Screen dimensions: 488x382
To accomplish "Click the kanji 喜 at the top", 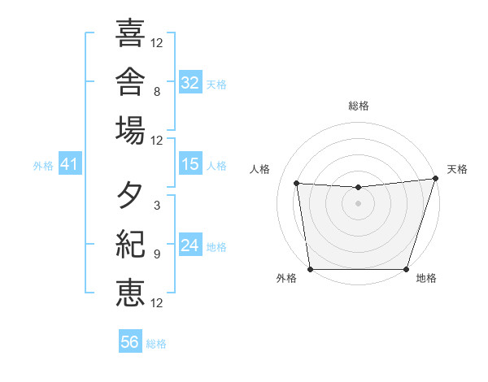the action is (x=130, y=33).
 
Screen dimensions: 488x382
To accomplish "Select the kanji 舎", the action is (x=130, y=81).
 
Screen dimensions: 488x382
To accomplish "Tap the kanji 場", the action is (x=130, y=130).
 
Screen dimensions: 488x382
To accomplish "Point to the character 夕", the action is (x=129, y=195).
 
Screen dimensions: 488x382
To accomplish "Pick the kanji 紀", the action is (x=130, y=244).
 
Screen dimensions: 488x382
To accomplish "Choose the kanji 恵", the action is (x=130, y=293).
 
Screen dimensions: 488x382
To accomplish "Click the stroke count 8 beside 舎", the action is (x=157, y=92).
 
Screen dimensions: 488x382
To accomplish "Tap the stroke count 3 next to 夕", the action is (x=157, y=206).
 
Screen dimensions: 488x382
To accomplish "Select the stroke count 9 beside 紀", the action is (x=157, y=254).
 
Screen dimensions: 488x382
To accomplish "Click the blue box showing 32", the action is (x=190, y=82).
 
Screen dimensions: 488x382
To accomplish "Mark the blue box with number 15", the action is (x=190, y=163).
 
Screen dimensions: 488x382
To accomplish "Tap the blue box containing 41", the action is (x=70, y=163).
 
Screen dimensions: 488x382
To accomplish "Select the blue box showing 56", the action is (x=130, y=341).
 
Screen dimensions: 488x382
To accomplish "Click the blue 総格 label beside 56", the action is (x=156, y=344).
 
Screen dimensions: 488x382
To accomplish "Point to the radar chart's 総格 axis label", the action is (x=359, y=106).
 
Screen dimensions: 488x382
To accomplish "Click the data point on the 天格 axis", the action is (x=436, y=178).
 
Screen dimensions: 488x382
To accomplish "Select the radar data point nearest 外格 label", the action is (x=311, y=269).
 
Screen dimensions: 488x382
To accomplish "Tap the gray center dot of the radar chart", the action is (x=358, y=203).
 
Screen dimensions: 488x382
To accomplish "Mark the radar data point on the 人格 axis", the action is (x=297, y=183).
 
